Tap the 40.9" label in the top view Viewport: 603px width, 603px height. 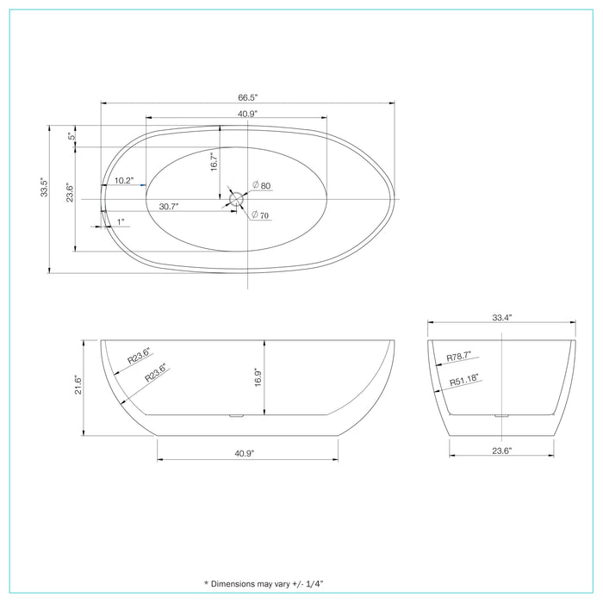pos(237,113)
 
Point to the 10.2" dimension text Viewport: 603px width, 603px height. pos(124,181)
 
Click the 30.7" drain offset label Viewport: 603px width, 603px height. pos(169,206)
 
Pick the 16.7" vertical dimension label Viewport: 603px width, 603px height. pos(213,161)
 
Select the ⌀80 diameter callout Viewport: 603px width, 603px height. pos(262,186)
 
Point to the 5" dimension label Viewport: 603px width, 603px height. pos(71,136)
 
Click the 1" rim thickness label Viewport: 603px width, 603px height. pos(120,222)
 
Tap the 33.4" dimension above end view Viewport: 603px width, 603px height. pos(502,317)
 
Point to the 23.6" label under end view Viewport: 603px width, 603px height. pos(502,451)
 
